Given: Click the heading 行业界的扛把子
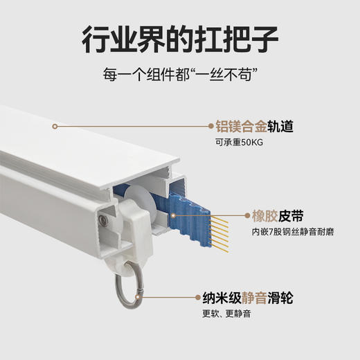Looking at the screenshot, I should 179,40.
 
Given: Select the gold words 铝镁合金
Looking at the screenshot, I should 238,127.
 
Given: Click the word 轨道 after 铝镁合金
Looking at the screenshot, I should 278,127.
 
